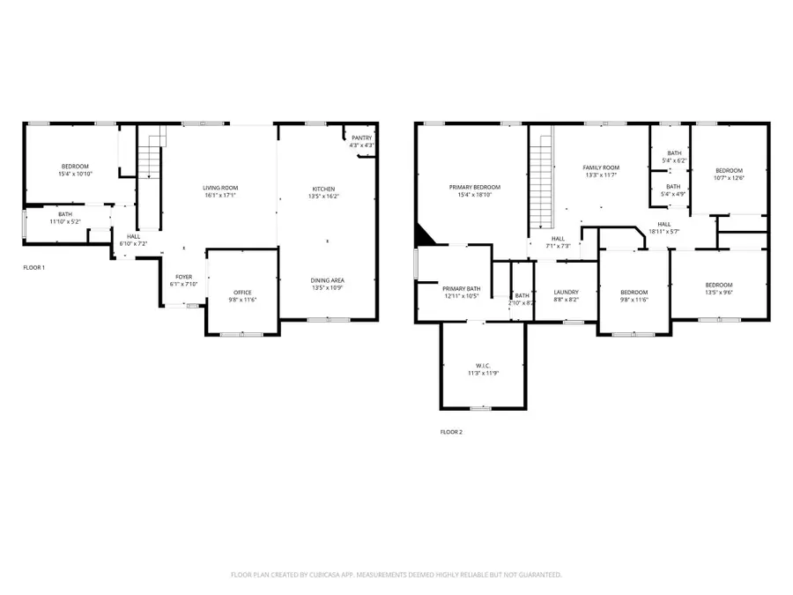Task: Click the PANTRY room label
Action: tap(361, 138)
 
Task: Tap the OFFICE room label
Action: tap(243, 293)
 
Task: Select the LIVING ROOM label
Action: tap(221, 188)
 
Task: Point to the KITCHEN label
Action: tap(324, 189)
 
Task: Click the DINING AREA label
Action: tap(327, 280)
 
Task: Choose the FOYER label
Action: tap(183, 277)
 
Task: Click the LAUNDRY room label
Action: tap(566, 293)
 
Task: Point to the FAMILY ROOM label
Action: tap(601, 167)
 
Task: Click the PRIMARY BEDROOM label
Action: tap(474, 188)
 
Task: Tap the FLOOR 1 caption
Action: tap(33, 267)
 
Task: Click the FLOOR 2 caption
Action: tap(451, 432)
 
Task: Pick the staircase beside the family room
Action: tap(540, 176)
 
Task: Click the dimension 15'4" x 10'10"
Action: tap(75, 175)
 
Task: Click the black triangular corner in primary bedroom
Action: tap(425, 234)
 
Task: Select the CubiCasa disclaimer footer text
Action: tap(396, 575)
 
